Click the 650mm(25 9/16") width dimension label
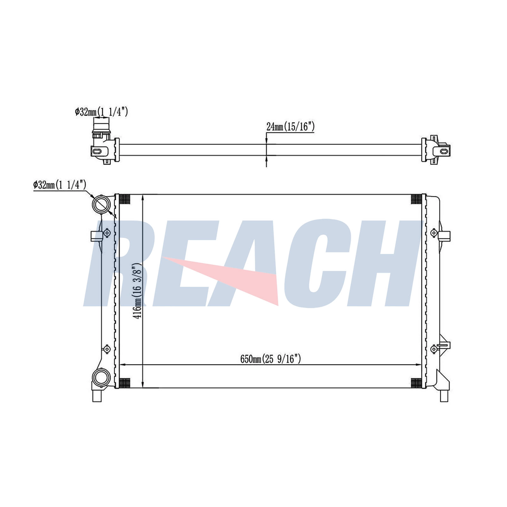[x=270, y=359]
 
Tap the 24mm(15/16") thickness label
[x=290, y=127]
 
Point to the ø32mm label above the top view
[x=101, y=112]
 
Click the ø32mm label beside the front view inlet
[x=60, y=185]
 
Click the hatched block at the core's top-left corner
[x=125, y=199]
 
